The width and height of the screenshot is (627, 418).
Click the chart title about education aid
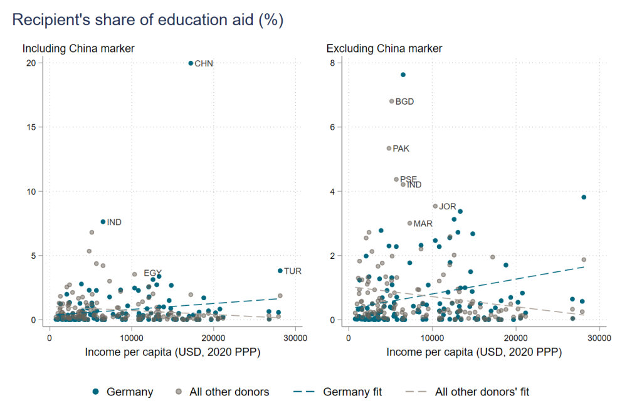pos(148,19)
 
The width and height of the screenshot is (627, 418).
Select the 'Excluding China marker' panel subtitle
pos(384,48)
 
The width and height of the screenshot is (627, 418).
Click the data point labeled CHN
pos(191,63)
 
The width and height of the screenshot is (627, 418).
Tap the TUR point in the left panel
pos(280,271)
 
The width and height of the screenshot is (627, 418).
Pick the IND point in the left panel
pos(103,222)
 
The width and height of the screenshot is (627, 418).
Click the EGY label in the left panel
pos(152,273)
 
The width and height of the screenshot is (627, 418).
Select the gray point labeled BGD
pos(391,101)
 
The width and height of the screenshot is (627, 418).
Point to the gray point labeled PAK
pos(389,149)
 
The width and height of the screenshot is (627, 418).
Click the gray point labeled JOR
pos(435,206)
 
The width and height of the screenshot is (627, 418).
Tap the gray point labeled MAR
pos(409,223)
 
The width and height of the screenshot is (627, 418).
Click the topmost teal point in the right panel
pos(403,75)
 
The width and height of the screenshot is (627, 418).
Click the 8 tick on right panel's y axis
pos(339,63)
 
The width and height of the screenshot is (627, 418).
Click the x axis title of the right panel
pos(473,353)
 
